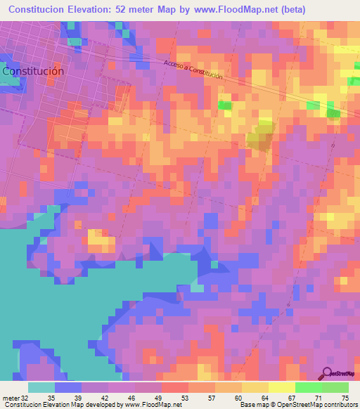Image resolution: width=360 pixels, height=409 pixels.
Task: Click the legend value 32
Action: click(23, 397)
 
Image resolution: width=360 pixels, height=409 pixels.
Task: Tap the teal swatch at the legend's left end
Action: click(41, 387)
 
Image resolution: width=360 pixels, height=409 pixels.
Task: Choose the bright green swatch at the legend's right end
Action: click(335, 387)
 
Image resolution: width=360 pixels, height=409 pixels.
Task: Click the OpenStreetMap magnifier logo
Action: click(327, 374)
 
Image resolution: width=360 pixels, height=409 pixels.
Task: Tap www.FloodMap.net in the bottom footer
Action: click(153, 405)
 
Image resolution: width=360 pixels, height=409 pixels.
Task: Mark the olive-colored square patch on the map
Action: click(259, 139)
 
